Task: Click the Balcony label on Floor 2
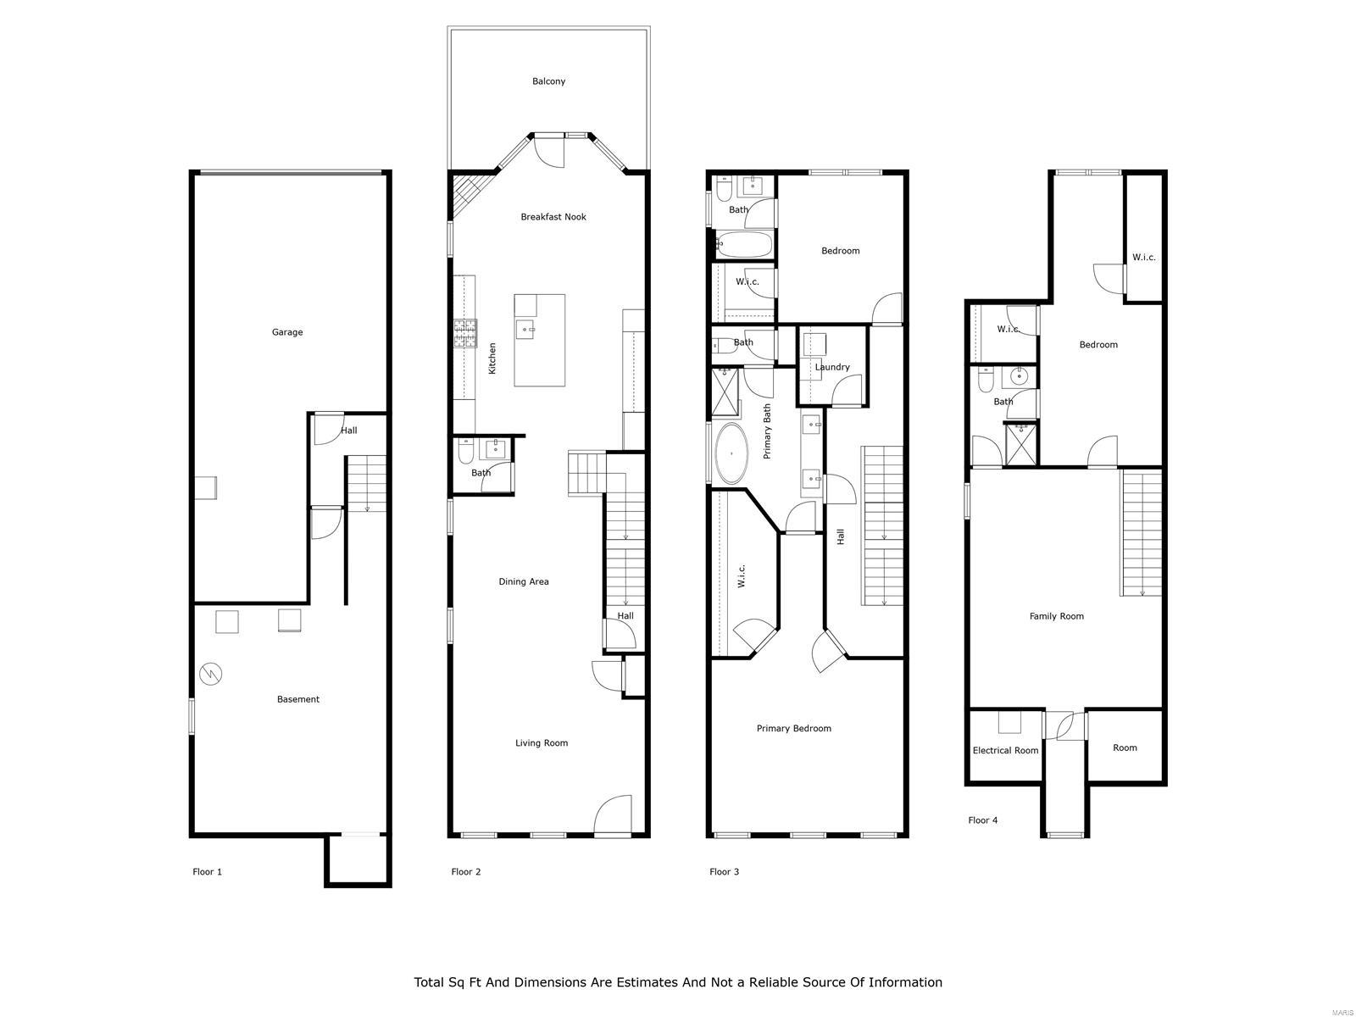(x=548, y=81)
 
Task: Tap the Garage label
(x=287, y=332)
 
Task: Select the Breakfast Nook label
(x=553, y=217)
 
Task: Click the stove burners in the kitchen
(x=464, y=333)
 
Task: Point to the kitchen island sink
(x=525, y=329)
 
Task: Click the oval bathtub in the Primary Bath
(x=731, y=453)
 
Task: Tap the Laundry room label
(x=832, y=367)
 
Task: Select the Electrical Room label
(x=1005, y=750)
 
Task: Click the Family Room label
(x=1057, y=616)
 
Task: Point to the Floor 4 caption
(x=983, y=820)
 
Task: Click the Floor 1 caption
(x=208, y=871)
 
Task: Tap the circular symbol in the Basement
(x=211, y=674)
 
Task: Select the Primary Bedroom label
(x=794, y=728)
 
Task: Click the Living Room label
(x=542, y=743)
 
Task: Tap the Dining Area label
(x=524, y=581)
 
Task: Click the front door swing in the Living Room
(x=612, y=814)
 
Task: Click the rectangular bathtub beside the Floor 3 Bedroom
(x=743, y=246)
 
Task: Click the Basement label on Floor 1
(x=298, y=699)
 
